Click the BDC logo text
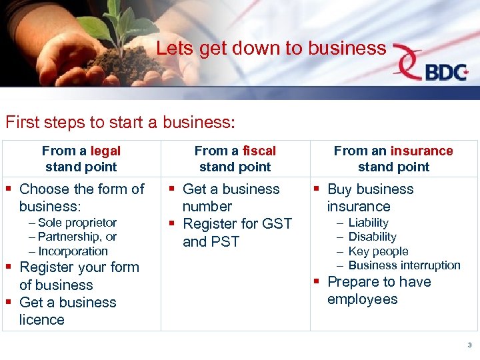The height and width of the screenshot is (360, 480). coord(446,72)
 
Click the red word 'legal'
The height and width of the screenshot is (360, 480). coord(105,151)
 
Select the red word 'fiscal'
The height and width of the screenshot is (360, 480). coord(260,151)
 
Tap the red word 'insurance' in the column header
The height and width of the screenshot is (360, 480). coord(421,151)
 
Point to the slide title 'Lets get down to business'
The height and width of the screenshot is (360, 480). coord(271,48)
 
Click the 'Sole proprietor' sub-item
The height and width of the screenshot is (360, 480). coord(77,223)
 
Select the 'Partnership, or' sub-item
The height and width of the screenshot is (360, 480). coord(77,237)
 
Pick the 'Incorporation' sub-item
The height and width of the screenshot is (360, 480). coord(73,251)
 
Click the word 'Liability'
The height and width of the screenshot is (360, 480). coord(368,223)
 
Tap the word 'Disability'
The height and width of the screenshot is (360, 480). coord(372,237)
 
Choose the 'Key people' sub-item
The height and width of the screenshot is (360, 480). coord(378,251)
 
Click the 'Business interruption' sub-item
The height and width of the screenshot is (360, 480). coord(404,265)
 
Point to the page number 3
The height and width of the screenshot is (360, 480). coord(469,345)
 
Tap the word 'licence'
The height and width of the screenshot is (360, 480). coord(42,320)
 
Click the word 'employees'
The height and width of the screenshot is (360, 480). coord(362,299)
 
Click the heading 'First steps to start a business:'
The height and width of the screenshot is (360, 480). coord(120,123)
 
